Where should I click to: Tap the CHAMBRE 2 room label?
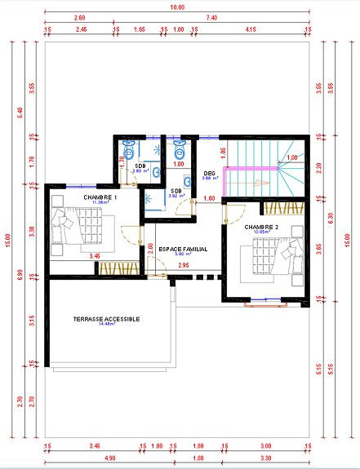point(261,228)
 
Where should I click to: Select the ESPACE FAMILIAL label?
point(183,248)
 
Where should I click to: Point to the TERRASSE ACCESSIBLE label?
point(107,319)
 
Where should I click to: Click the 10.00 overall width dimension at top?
point(177,7)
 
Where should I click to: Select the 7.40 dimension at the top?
point(211,17)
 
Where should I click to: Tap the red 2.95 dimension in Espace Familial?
point(184,265)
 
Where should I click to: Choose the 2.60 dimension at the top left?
point(79,17)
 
